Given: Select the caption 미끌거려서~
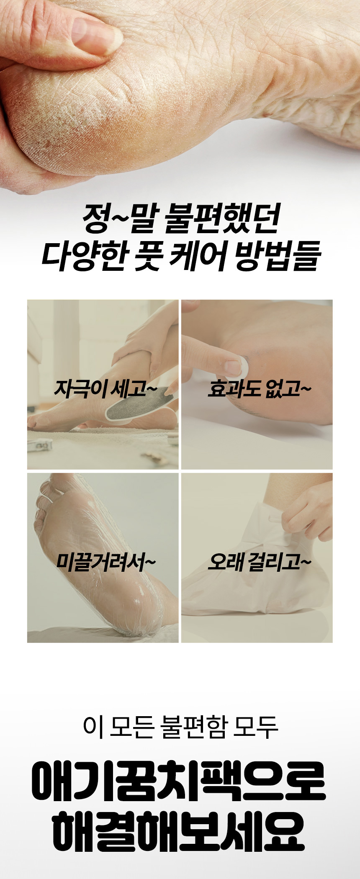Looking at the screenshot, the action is [106, 562].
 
